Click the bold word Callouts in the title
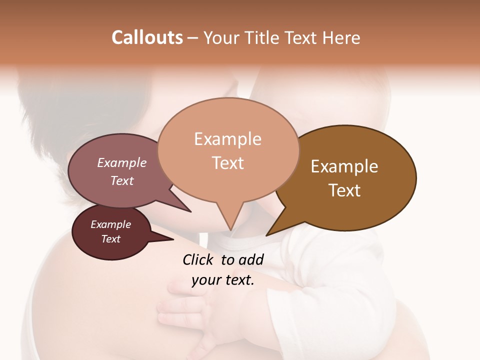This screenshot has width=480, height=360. (147, 37)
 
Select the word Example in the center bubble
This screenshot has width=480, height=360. (227, 139)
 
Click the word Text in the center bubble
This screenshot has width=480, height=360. (227, 163)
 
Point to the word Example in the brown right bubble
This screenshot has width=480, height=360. (344, 166)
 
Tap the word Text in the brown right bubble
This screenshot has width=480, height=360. (344, 190)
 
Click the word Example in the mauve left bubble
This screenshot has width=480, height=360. (122, 162)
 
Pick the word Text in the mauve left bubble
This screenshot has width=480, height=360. (122, 180)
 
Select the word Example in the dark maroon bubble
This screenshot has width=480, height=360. (111, 224)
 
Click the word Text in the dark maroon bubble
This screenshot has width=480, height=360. (111, 239)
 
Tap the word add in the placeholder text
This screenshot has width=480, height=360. (251, 259)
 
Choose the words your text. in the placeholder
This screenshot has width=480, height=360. (223, 280)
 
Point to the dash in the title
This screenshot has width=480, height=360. (193, 38)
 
